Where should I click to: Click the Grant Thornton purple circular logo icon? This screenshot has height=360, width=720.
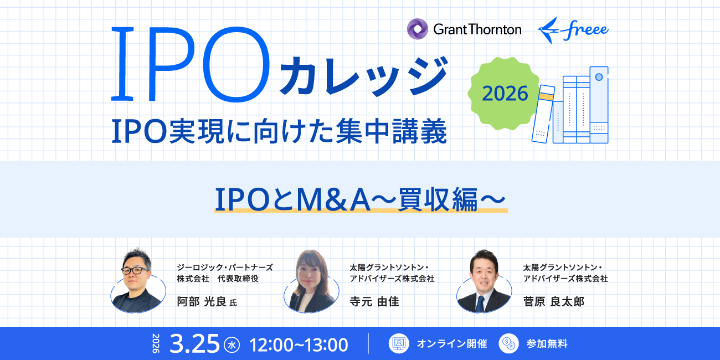pyautogui.click(x=418, y=29)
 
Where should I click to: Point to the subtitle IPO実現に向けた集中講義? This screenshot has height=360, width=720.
pyautogui.click(x=279, y=133)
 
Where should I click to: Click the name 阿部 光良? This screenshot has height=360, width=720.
pyautogui.click(x=202, y=301)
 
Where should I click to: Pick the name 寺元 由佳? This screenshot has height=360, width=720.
pyautogui.click(x=374, y=301)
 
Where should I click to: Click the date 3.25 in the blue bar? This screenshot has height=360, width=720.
pyautogui.click(x=194, y=344)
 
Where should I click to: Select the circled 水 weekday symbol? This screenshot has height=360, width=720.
pyautogui.click(x=232, y=345)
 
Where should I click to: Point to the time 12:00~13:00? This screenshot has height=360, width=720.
pyautogui.click(x=299, y=344)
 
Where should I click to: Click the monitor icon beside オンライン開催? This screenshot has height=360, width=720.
pyautogui.click(x=398, y=343)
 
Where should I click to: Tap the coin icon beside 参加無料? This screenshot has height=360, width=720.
pyautogui.click(x=508, y=343)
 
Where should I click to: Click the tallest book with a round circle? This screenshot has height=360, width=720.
pyautogui.click(x=598, y=105)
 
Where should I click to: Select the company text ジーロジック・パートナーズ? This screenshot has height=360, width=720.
pyautogui.click(x=225, y=267)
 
